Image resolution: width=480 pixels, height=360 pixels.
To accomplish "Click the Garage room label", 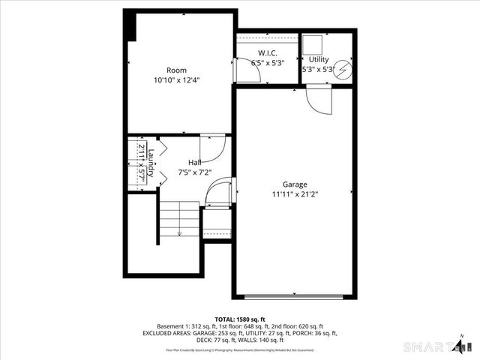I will click(294, 184).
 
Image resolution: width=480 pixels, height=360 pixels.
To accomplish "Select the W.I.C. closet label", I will click(268, 53).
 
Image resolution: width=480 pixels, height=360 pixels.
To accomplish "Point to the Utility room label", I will click(319, 58).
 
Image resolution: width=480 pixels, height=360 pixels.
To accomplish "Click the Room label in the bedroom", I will click(176, 70).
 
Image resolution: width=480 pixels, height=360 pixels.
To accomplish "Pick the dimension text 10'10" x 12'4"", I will click(176, 79).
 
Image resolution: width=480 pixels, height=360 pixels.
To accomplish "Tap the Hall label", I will click(195, 163).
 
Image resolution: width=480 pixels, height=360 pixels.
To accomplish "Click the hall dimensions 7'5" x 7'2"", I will click(195, 172).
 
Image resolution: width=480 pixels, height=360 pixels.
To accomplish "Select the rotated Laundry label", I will click(151, 161).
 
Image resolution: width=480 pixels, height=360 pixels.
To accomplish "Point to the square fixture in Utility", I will click(313, 42).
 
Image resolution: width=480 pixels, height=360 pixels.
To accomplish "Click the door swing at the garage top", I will click(318, 100).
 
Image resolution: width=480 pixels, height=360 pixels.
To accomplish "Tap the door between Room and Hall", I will click(212, 147).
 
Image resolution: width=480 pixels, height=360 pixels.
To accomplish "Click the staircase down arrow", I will click(179, 232).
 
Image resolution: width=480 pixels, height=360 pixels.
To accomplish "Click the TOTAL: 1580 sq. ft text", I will click(240, 319).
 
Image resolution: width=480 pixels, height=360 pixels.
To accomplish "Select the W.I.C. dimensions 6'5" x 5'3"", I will click(268, 63).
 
